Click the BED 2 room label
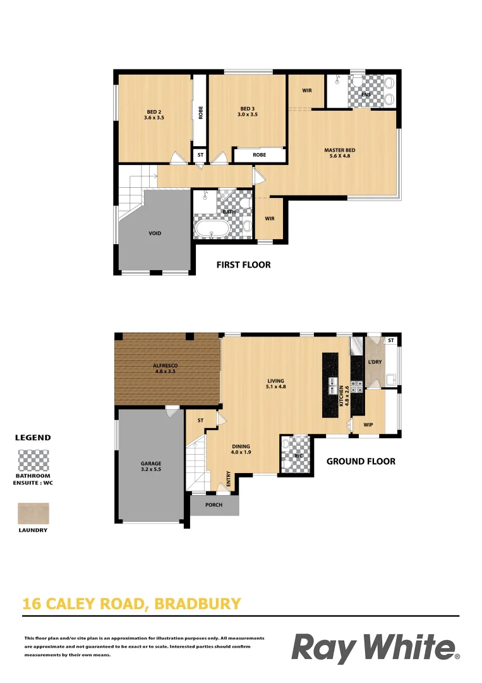(154, 114)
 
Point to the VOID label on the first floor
(155, 233)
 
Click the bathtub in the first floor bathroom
(213, 229)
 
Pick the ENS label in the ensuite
(365, 95)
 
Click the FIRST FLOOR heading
(243, 265)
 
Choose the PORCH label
(214, 505)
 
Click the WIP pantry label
(369, 425)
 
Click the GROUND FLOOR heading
(361, 462)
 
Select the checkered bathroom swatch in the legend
(33, 460)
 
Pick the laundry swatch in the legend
(33, 513)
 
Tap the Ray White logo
(375, 648)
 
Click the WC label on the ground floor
(298, 455)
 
